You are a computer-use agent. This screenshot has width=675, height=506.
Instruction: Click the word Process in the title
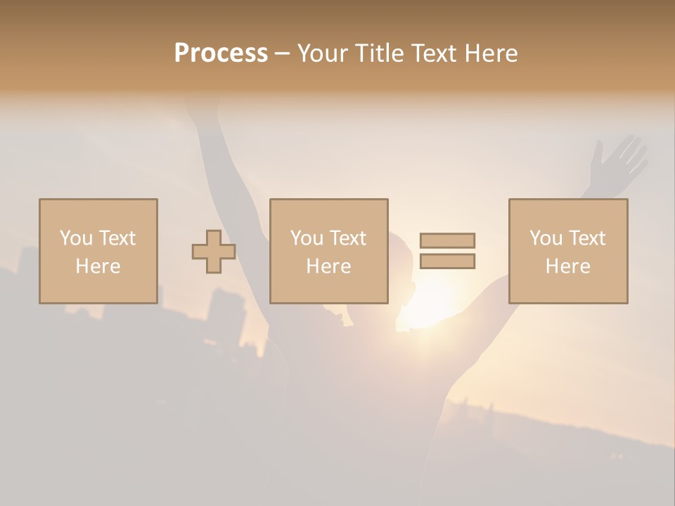(221, 53)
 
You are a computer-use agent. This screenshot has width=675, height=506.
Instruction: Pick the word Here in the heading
(492, 53)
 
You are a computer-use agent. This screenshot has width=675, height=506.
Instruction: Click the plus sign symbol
(214, 252)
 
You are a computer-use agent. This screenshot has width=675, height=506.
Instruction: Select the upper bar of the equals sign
(447, 240)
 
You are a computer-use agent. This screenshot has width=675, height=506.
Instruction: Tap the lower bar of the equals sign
(447, 261)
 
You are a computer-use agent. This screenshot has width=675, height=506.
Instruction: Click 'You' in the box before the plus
(76, 238)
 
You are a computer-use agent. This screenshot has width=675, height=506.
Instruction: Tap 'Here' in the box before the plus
(98, 266)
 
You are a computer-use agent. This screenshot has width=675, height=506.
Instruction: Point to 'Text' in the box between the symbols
(349, 238)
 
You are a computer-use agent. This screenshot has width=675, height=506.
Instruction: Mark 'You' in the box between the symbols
(307, 238)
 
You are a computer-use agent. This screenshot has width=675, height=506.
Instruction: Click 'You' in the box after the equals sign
(546, 238)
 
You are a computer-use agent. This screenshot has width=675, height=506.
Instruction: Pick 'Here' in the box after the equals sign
(567, 266)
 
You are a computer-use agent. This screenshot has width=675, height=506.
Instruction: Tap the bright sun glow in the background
(429, 302)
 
